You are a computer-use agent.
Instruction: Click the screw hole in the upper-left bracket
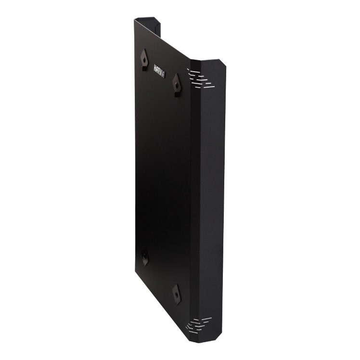[x=144, y=60]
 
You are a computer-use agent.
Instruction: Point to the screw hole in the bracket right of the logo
[x=176, y=85]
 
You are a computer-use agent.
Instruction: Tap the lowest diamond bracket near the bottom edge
[x=177, y=295]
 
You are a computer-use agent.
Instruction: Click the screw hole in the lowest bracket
[x=176, y=294]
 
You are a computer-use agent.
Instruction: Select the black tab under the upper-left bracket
[x=144, y=68]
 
